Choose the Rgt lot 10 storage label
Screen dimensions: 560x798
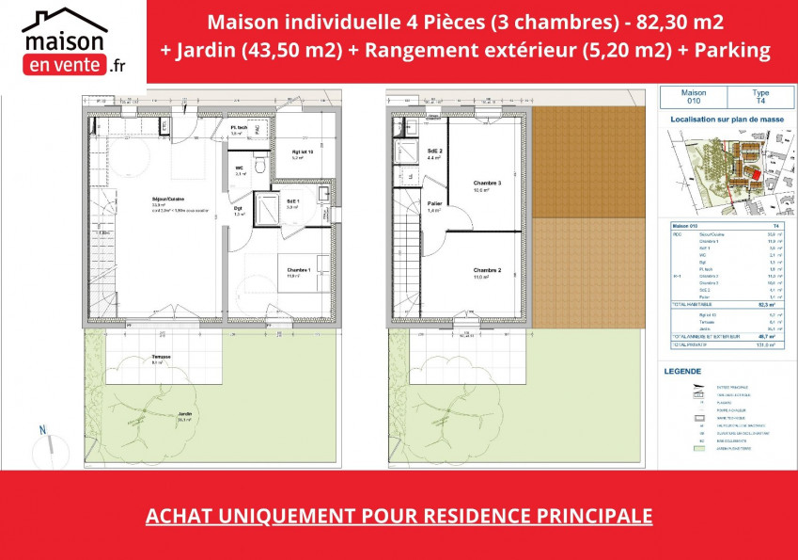[x=301, y=153]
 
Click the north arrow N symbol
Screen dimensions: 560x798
[x=42, y=430]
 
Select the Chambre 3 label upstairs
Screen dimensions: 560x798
[x=487, y=184]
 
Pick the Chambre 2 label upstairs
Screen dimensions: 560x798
[x=487, y=272]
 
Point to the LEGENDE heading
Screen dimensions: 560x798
[x=683, y=372]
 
